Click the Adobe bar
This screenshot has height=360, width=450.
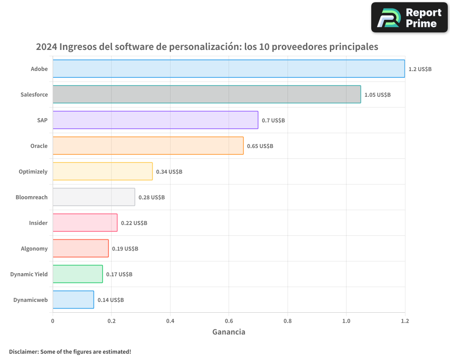click(x=229, y=69)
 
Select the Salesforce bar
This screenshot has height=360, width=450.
click(x=207, y=94)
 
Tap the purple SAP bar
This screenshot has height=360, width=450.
click(x=155, y=120)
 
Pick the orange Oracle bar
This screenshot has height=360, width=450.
click(x=148, y=146)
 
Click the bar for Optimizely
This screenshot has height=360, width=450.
click(x=103, y=171)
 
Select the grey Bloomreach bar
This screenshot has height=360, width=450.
click(x=94, y=197)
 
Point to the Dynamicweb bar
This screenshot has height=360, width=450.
click(x=73, y=300)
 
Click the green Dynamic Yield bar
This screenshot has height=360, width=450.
click(x=77, y=274)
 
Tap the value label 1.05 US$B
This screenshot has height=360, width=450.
click(x=378, y=95)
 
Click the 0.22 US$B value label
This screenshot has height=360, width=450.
click(x=134, y=223)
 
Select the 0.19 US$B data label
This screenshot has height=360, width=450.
click(x=125, y=249)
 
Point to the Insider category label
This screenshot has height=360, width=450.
click(x=38, y=223)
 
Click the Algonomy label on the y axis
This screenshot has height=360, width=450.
click(x=34, y=249)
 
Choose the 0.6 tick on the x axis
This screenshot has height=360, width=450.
click(x=229, y=321)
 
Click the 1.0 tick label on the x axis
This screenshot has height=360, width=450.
click(x=346, y=321)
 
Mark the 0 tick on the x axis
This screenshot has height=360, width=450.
click(x=53, y=321)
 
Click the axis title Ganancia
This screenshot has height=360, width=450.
click(x=229, y=332)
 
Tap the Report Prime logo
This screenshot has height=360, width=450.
click(x=409, y=18)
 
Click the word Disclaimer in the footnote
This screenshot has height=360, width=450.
click(x=23, y=351)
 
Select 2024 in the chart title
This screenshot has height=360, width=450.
click(x=46, y=47)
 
